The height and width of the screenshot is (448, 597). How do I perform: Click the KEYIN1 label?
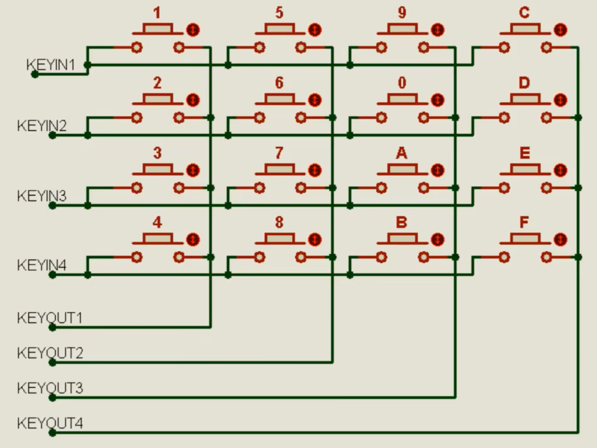(51, 65)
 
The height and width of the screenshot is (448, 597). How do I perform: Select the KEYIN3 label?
(41, 196)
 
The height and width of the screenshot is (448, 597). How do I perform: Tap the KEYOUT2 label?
(50, 353)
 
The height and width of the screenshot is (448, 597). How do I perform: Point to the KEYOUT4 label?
(50, 423)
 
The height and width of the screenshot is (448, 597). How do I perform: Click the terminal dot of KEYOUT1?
(52, 328)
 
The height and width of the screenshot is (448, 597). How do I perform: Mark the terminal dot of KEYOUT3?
(52, 397)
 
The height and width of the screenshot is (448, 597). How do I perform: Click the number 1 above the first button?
(157, 13)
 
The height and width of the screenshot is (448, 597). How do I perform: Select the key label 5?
(279, 13)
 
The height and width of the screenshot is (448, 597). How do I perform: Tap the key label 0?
(402, 83)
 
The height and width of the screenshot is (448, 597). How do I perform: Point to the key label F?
(524, 222)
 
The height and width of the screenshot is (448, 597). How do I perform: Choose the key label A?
(402, 153)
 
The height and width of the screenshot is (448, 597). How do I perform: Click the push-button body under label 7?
(279, 169)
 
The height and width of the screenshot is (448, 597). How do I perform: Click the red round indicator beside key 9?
(438, 30)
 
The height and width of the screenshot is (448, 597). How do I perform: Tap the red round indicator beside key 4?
(193, 240)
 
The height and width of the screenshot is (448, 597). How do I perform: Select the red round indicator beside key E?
(560, 170)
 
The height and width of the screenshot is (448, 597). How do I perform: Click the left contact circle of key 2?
(137, 118)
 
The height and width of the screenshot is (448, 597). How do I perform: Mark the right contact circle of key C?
(546, 48)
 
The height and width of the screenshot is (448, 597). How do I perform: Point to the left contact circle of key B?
(382, 258)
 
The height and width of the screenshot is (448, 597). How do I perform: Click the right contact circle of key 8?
(301, 258)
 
